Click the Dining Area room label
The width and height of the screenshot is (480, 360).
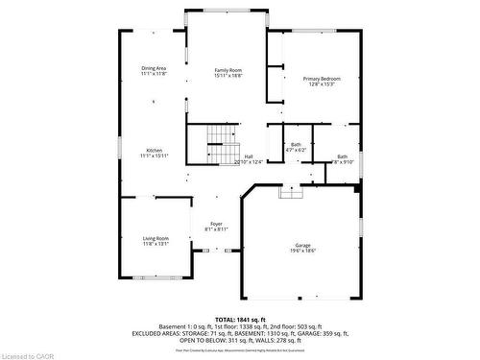tap(154, 67)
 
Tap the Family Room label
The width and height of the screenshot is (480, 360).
tap(228, 70)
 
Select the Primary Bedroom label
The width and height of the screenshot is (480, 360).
tap(322, 78)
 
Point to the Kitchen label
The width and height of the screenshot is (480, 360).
tap(154, 150)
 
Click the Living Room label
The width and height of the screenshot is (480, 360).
tap(156, 238)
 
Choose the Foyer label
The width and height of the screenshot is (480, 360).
tap(216, 224)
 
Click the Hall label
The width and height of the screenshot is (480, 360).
tap(249, 156)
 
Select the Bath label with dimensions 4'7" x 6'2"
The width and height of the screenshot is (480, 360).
tap(296, 144)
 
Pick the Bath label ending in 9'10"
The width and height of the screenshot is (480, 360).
tap(343, 156)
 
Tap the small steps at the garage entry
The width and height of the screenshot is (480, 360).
tap(291, 192)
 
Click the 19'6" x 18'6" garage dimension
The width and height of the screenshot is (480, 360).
tap(303, 251)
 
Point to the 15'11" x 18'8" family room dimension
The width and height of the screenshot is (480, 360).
tap(228, 76)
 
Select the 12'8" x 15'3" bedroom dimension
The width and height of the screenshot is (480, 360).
tap(322, 84)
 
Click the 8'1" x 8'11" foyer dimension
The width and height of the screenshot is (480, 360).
tap(216, 230)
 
